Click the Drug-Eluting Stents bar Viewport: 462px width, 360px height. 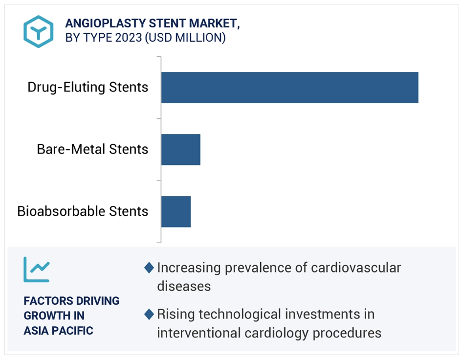click(289, 88)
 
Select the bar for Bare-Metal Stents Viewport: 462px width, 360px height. click(181, 150)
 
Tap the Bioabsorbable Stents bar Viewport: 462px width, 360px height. click(176, 212)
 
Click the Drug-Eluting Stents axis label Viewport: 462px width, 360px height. click(88, 88)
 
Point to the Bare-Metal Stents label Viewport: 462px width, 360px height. click(92, 149)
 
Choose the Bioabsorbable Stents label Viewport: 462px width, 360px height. click(83, 211)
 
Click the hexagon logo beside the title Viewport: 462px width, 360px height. click(38, 31)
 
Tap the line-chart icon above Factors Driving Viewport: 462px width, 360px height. click(37, 270)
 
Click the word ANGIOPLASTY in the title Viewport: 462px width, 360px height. click(106, 23)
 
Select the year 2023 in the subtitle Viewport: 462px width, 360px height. click(129, 38)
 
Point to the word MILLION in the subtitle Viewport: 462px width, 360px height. click(198, 38)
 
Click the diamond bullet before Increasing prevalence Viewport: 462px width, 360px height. click(149, 268)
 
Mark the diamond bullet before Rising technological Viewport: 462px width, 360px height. click(149, 315)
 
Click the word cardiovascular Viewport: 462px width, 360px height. click(356, 268)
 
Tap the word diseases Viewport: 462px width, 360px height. click(184, 286)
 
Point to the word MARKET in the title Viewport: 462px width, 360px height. click(215, 23)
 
